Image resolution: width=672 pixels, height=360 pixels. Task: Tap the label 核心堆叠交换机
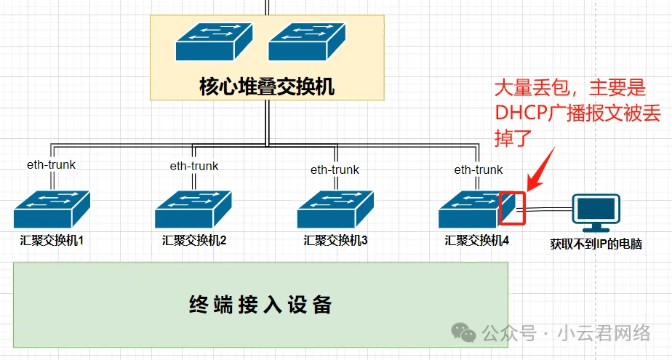click(x=266, y=87)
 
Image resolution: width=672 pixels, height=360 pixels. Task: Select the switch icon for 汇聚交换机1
click(x=51, y=209)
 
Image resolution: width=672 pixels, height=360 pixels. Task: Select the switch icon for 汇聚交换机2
click(x=193, y=209)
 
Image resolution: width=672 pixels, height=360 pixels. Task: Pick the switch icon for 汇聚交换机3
click(x=335, y=209)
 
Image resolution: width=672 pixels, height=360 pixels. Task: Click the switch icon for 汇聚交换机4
click(x=473, y=209)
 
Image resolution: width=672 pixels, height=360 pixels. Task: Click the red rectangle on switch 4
click(x=513, y=208)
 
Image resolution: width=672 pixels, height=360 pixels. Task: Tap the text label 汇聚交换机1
click(x=52, y=239)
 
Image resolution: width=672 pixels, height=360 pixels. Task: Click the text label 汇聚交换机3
click(x=335, y=239)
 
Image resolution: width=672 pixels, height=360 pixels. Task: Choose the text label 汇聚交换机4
click(x=476, y=239)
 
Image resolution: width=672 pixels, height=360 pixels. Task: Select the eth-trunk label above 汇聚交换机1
click(x=51, y=164)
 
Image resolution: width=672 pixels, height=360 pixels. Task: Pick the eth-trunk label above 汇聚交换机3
click(x=335, y=170)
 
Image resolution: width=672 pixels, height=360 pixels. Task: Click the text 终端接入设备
click(x=260, y=305)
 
